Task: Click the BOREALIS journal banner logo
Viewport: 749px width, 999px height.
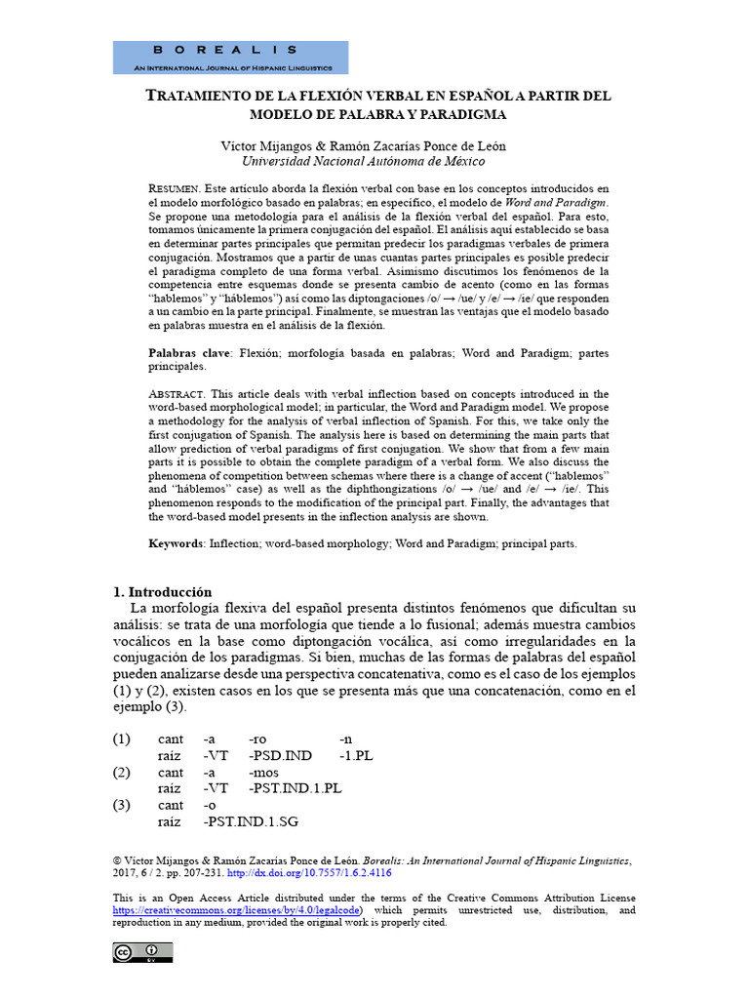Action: [230, 58]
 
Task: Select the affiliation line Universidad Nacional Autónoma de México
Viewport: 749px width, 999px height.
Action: [363, 162]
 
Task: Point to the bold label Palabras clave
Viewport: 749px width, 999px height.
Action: [189, 352]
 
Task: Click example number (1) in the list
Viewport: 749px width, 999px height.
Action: [124, 739]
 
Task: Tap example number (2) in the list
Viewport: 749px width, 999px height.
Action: [124, 772]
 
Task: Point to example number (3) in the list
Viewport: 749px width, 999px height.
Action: [124, 805]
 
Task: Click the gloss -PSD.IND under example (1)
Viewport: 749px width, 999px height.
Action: [281, 756]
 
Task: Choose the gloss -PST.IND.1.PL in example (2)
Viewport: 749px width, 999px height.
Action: [296, 788]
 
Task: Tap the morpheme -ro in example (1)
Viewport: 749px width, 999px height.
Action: [258, 739]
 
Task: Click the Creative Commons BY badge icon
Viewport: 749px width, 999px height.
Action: [142, 952]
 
